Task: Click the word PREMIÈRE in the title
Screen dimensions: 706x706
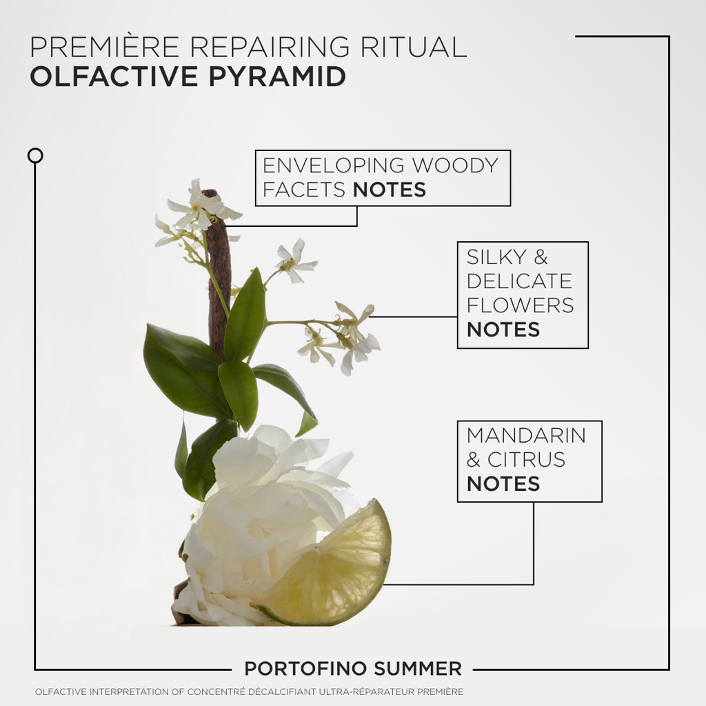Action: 105,46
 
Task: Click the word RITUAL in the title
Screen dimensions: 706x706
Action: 414,46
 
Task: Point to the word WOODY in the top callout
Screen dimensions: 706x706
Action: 455,165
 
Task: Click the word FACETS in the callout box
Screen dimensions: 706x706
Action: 304,190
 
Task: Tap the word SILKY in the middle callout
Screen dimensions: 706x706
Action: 496,257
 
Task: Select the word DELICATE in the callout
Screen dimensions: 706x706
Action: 519,281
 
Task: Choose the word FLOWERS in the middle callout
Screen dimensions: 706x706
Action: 520,305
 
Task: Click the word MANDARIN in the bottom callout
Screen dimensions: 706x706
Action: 526,436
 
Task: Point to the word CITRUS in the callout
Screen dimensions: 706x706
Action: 526,460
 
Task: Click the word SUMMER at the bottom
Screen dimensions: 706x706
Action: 417,669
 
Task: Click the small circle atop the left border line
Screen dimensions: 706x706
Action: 35,156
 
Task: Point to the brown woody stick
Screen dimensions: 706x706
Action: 219,279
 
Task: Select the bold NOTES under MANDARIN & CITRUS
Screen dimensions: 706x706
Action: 503,484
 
